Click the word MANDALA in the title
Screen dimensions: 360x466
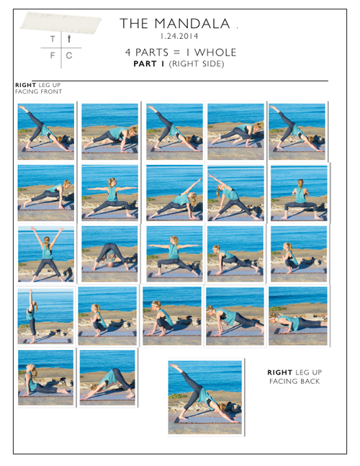point(192,24)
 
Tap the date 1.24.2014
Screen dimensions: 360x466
point(179,36)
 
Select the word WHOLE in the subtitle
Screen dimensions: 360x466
point(215,53)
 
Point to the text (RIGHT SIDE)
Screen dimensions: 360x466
point(197,64)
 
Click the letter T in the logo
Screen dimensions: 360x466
point(53,39)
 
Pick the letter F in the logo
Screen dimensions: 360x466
point(53,55)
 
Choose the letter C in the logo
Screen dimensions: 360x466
point(69,55)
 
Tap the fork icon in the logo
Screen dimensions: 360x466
point(69,39)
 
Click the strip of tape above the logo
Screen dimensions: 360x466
point(60,22)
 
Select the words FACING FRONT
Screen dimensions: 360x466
point(39,91)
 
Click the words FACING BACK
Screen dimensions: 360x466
point(294,381)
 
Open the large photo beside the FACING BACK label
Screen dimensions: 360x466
point(205,397)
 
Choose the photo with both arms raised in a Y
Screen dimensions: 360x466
point(46,254)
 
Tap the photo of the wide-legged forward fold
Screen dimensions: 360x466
point(109,254)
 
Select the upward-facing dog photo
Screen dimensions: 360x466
point(46,377)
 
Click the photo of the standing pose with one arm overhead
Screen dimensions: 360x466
point(45,316)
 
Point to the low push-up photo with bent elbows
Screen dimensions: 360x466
point(298,316)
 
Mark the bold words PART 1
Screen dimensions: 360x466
point(149,64)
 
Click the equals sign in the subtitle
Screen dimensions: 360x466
point(176,53)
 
